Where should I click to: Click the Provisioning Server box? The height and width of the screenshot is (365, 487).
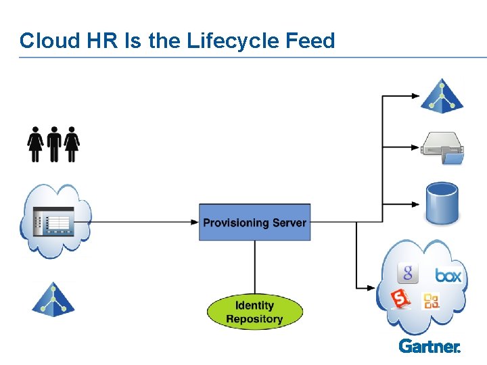coord(254,222)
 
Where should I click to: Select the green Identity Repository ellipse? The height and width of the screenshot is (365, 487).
coord(254,312)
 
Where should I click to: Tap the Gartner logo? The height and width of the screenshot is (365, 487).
coord(430,346)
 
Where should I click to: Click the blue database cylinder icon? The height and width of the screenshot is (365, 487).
coord(442,204)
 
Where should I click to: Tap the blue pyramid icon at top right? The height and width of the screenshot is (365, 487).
coord(442,96)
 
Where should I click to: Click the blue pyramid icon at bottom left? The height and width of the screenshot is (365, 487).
coord(53,299)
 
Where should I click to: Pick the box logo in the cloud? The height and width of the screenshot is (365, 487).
coord(448,275)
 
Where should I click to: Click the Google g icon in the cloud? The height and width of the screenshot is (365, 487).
coord(408,272)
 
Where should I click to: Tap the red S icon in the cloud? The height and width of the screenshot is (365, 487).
coord(401,298)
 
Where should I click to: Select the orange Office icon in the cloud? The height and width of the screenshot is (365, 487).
coord(431,301)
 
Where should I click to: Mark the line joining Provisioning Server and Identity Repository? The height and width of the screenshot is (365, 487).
coord(254,266)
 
